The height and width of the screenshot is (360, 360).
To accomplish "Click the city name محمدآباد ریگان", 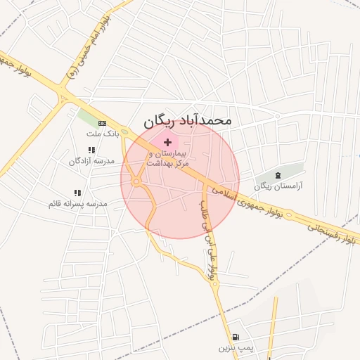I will coord(187,120).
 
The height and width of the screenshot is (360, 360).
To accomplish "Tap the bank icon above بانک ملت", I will coord(103,124).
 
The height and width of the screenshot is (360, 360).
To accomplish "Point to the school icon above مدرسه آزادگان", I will coord(91,150).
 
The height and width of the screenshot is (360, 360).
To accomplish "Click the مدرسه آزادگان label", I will coord(91,161).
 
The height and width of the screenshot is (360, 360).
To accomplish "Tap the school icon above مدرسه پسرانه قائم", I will coord(77,193).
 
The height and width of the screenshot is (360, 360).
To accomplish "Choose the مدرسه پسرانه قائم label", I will coord(77,204).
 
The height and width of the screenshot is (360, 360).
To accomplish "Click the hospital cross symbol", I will coord(167,142).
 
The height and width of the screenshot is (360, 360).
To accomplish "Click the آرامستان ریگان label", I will coord(273,186).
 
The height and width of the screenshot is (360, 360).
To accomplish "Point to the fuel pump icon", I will coord(235,337).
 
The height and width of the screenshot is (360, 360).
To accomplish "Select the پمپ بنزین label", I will coord(234,347).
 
